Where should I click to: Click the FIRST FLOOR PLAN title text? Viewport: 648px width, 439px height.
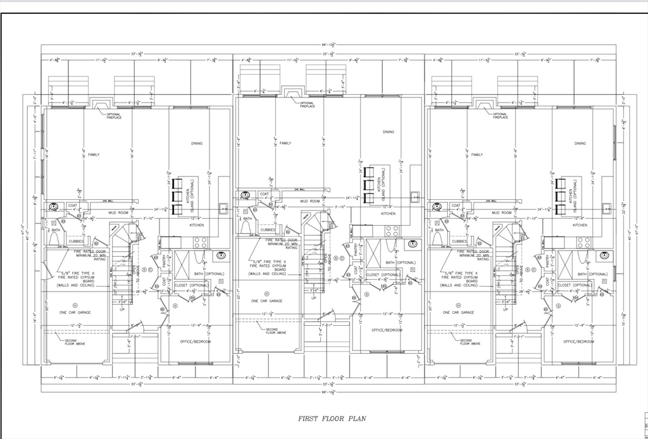[x=332, y=418]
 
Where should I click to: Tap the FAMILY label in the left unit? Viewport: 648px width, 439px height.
[x=94, y=154]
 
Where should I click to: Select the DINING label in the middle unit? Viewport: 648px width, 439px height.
[x=388, y=132]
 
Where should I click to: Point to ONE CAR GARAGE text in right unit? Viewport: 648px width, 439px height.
[x=459, y=312]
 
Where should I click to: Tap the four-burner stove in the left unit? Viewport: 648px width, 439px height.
[x=200, y=242]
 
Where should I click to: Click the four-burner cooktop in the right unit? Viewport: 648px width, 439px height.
[x=583, y=242]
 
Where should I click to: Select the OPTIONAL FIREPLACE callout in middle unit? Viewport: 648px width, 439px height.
[x=307, y=104]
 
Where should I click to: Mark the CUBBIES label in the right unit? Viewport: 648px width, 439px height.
[x=459, y=241]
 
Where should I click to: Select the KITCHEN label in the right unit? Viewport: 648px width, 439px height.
[x=580, y=225]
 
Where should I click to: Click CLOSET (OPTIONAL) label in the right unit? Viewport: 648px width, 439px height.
[x=575, y=285]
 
